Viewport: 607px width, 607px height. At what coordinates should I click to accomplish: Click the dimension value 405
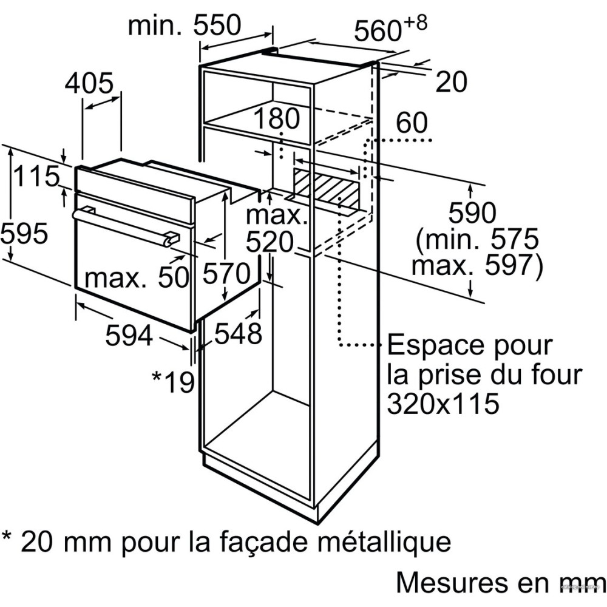point(89,83)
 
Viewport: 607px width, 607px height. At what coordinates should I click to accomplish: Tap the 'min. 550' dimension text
point(185,25)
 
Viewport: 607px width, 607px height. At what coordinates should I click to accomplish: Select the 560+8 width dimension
point(390,29)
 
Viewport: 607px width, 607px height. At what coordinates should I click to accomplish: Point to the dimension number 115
point(36,176)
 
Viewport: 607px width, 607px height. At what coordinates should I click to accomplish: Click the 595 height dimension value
point(24,234)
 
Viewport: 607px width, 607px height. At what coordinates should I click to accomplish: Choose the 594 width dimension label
point(129,335)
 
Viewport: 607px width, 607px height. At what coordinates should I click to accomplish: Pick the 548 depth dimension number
point(238,333)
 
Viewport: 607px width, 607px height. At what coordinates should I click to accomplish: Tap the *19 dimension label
point(173,381)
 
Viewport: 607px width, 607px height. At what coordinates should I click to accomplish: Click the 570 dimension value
point(227,273)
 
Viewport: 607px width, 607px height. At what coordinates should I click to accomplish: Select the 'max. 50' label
point(137,277)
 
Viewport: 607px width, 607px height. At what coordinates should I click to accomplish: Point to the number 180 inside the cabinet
point(276,118)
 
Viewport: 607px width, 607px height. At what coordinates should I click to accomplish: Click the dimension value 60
point(412,123)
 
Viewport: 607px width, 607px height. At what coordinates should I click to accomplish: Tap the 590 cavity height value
point(472,212)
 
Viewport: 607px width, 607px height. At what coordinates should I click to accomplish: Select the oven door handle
point(126,226)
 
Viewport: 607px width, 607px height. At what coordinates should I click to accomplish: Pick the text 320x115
point(443,404)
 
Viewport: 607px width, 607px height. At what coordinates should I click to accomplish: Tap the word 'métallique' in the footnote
point(384,541)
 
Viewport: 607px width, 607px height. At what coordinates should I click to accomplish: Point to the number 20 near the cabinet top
point(452,82)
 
